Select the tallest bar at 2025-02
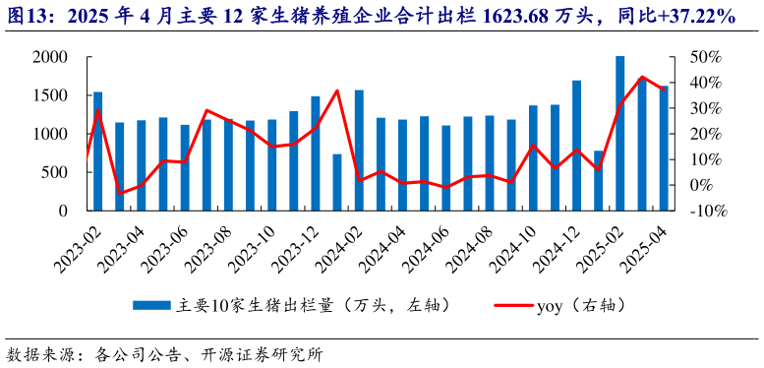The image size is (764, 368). point(619,133)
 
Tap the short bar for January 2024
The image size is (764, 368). point(337,182)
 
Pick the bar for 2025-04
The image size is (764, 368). point(663,148)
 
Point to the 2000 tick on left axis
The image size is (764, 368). point(49,57)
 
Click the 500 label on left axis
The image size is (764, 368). point(54,172)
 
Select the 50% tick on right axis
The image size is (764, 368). point(707,57)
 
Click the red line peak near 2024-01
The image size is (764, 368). point(337,91)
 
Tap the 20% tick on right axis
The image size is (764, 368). point(707,134)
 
